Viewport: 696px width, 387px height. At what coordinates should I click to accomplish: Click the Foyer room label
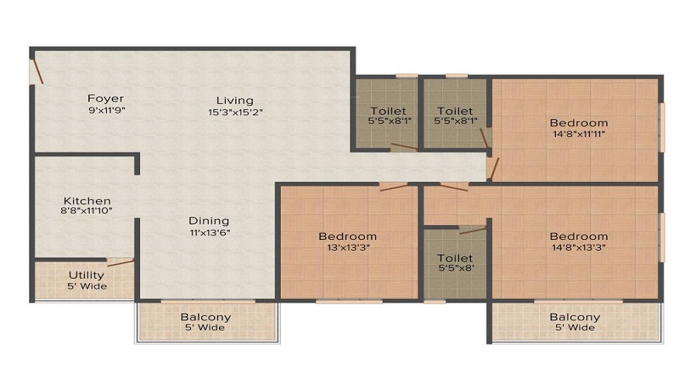click(x=105, y=98)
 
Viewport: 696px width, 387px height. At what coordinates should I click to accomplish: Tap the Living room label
click(x=234, y=100)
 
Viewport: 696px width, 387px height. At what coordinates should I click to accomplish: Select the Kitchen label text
click(x=87, y=200)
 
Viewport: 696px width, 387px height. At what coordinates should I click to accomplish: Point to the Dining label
click(x=208, y=220)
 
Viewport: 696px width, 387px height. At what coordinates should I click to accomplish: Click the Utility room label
click(x=87, y=275)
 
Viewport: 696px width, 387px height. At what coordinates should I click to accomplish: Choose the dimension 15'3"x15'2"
click(x=234, y=111)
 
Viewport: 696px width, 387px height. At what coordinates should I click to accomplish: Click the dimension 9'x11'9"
click(x=106, y=110)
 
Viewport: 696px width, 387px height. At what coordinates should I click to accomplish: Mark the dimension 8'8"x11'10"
click(x=87, y=211)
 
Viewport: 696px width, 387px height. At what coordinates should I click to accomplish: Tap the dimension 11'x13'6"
click(x=208, y=231)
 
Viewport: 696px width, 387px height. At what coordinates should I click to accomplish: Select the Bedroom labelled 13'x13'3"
click(x=347, y=236)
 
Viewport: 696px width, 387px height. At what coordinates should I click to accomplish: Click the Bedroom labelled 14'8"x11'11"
click(x=578, y=122)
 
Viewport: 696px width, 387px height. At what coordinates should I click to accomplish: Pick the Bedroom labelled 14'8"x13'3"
click(x=578, y=236)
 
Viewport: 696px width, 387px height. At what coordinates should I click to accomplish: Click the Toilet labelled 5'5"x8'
click(x=455, y=258)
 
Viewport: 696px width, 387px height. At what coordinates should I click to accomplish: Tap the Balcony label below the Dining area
click(x=206, y=317)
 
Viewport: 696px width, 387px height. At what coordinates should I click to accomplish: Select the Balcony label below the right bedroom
click(x=575, y=317)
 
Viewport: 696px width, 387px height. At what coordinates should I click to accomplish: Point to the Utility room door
click(x=120, y=262)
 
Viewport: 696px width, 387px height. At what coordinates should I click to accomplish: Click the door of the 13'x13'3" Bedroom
click(x=393, y=186)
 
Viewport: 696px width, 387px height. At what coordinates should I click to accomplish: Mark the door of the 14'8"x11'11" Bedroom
click(x=493, y=167)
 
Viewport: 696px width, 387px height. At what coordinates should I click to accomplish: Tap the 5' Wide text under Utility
click(x=87, y=286)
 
